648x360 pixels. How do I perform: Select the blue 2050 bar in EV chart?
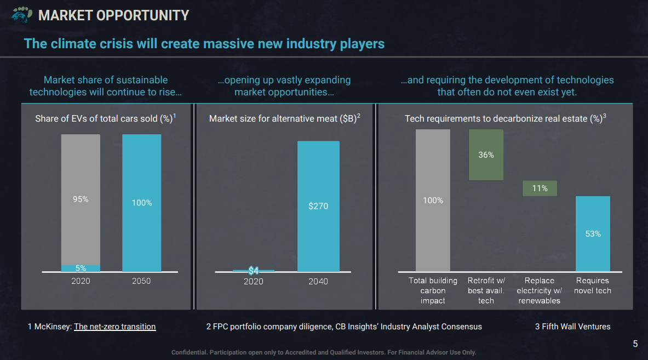(142, 203)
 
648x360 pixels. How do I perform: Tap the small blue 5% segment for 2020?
(81, 268)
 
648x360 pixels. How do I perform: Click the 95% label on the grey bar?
(81, 199)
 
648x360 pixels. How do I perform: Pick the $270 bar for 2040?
(318, 206)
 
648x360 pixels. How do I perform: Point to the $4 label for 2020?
(253, 271)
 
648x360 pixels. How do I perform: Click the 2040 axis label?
(318, 281)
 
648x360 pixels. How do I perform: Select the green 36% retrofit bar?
(486, 155)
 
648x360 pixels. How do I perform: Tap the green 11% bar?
(540, 188)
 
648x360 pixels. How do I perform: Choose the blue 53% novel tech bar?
(593, 233)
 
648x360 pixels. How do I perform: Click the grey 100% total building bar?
(433, 201)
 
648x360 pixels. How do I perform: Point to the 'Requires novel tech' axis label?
(593, 285)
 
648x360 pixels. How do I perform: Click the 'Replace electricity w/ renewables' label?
(540, 290)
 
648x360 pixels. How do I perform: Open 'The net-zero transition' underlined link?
(115, 327)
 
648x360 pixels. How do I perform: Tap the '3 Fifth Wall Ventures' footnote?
(572, 327)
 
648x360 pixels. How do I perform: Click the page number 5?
(635, 344)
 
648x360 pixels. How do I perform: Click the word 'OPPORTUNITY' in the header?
(142, 15)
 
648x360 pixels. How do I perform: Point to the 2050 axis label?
(141, 281)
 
